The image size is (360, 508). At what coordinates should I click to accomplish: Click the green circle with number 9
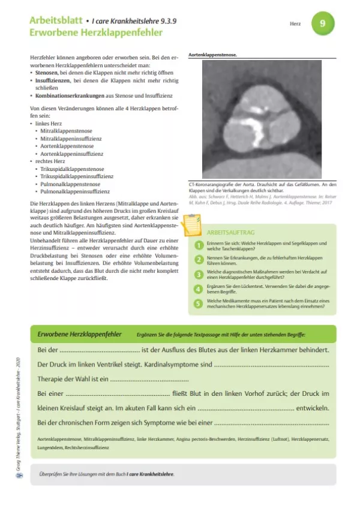coord(323,24)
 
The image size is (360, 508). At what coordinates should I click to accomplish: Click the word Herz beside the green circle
coord(294,25)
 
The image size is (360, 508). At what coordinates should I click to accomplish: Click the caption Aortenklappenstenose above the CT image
coord(212,55)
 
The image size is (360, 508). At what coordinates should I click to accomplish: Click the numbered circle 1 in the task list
coord(199,245)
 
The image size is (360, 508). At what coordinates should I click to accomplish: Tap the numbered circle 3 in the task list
coord(199,273)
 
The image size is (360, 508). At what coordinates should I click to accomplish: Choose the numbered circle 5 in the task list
coord(199,303)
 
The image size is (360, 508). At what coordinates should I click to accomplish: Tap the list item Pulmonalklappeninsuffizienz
coord(75,192)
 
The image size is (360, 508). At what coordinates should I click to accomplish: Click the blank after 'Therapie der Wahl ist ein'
coord(150,379)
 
